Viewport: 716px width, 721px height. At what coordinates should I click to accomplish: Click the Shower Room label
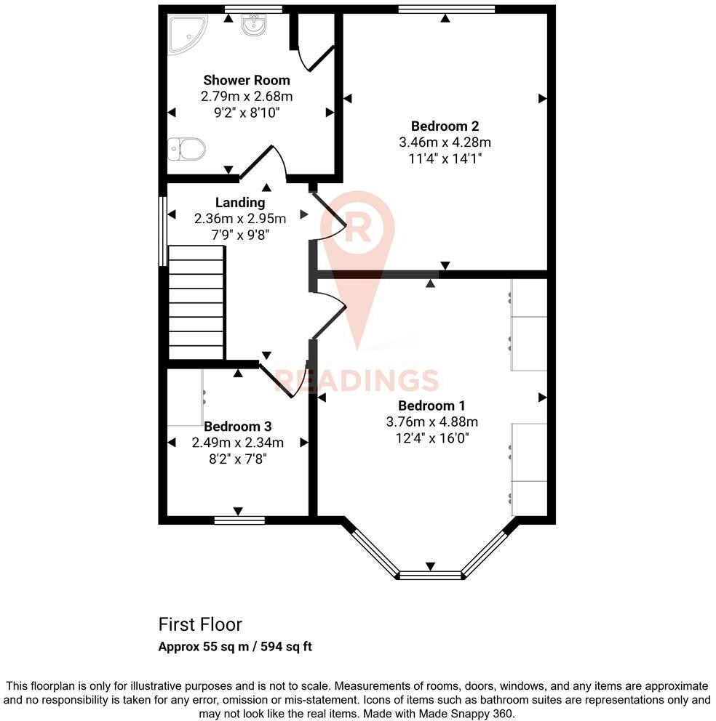coord(247,80)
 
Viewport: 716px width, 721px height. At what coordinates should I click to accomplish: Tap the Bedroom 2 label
coord(444,126)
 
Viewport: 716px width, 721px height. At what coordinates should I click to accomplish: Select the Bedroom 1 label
coord(431,406)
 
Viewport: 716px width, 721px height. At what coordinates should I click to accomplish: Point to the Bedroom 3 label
coord(237,426)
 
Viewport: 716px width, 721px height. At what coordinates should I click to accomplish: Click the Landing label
coord(240,202)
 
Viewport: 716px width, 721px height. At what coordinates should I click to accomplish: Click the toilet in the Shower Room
coord(187,150)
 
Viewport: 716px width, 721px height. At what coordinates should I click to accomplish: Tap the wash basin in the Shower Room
coord(253,25)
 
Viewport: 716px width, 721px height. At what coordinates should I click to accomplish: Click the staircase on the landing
coord(196,302)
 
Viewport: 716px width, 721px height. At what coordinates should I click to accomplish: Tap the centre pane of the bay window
coord(430,575)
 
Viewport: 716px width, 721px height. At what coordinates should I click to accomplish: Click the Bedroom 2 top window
coord(446,9)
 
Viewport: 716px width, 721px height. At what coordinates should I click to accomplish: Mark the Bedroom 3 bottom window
coord(239,520)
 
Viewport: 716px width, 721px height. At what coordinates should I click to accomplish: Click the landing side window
coord(163,229)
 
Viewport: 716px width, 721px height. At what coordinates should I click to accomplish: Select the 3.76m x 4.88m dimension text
coord(431,422)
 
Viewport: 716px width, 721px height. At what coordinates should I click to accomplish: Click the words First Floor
coord(200,624)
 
